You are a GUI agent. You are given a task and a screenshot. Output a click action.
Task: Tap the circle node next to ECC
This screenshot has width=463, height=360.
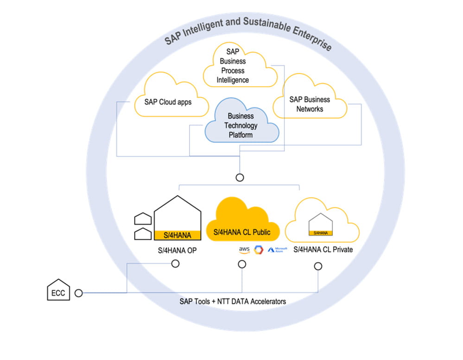(x=79, y=293)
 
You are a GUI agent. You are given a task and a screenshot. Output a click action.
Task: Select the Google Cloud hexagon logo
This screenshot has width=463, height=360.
(x=258, y=250)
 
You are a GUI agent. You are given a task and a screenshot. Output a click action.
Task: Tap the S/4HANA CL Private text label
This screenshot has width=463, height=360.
(x=323, y=250)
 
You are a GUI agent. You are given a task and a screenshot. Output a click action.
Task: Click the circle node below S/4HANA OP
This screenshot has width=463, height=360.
(x=175, y=264)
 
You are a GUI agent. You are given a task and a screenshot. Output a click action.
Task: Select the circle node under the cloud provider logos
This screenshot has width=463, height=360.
(x=242, y=264)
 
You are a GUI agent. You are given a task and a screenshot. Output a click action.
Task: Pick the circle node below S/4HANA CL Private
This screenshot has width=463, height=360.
(x=318, y=266)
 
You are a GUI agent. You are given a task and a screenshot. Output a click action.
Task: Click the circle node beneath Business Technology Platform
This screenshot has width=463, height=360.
(x=240, y=177)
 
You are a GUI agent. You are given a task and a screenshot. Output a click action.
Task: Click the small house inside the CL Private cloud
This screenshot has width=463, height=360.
(x=321, y=225)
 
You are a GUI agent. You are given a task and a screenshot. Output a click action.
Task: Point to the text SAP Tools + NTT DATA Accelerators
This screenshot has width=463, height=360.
(x=233, y=302)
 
